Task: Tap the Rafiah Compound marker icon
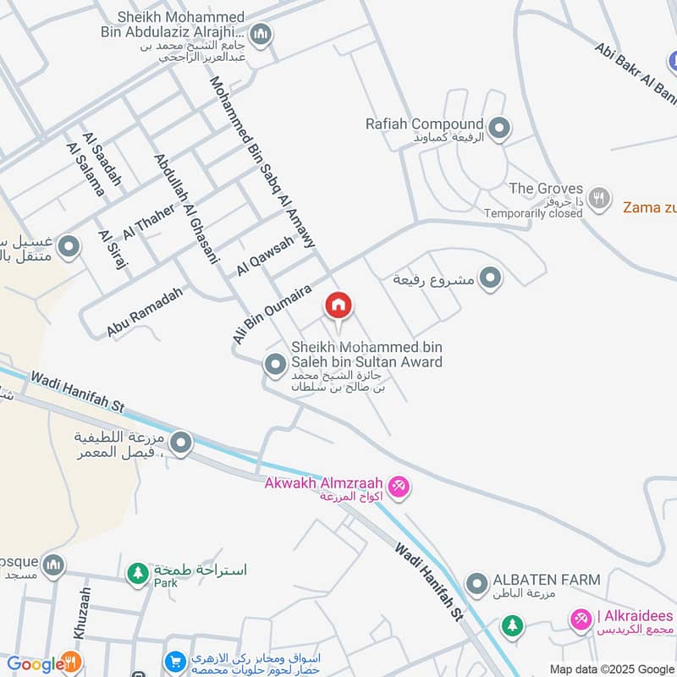point(499,129)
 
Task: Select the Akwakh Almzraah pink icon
point(399,486)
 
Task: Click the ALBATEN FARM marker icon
point(477,583)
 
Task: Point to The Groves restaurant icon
point(599,198)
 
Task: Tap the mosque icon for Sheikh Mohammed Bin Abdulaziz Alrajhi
point(261,35)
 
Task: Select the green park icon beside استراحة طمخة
point(137,573)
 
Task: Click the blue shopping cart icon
point(175,661)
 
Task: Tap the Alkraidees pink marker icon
point(580,620)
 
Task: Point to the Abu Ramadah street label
point(145,311)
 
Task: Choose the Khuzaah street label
point(81,614)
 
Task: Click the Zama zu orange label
point(649,206)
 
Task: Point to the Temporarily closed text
point(533,213)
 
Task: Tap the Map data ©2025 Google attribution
point(612,669)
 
